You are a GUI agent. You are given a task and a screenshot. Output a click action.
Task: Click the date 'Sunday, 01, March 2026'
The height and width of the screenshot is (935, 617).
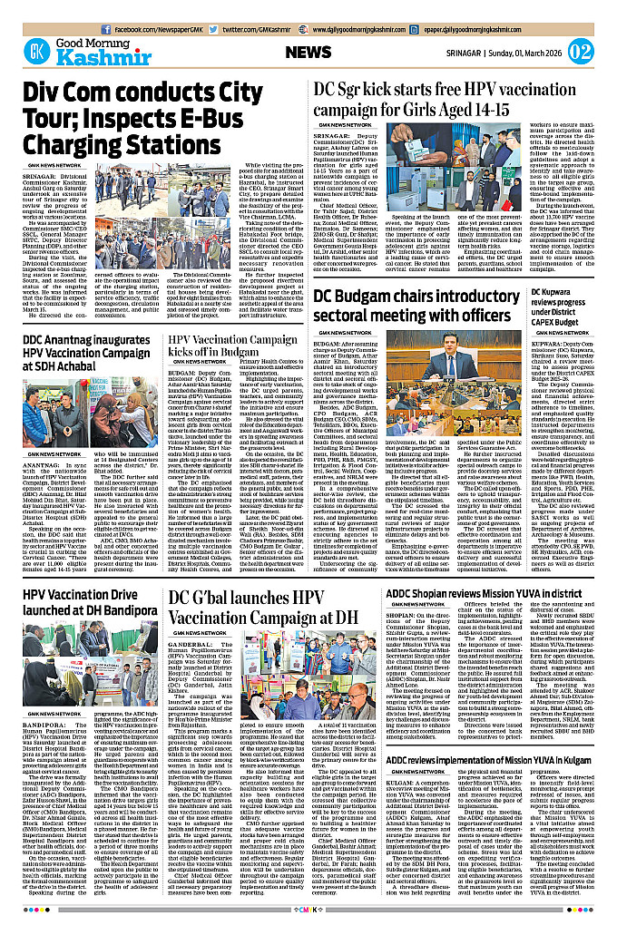529,53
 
